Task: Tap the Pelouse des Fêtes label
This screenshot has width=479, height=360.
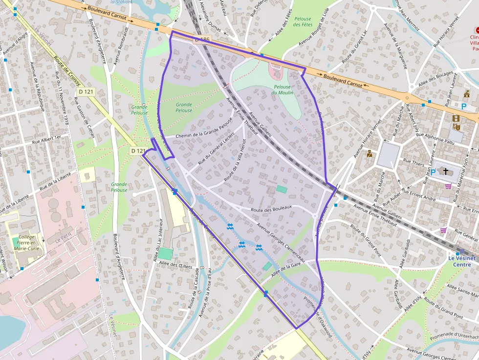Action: [303, 21]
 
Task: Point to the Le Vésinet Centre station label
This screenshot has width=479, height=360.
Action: [461, 261]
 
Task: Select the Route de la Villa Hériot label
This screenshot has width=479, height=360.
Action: [235, 160]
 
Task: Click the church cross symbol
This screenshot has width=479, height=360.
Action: [445, 171]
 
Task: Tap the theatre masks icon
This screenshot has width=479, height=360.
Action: [457, 127]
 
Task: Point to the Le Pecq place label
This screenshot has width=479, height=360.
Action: [64, 240]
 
